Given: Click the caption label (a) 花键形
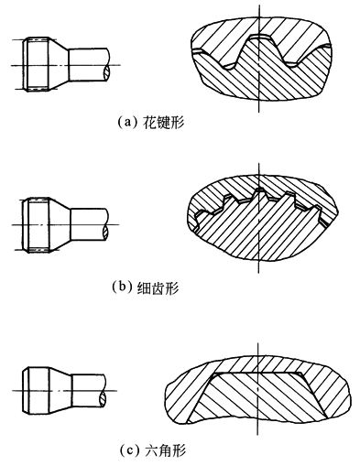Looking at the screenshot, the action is click(x=151, y=123).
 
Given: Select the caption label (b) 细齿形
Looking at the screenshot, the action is click(x=146, y=287).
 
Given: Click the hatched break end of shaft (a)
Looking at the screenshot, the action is click(x=106, y=73).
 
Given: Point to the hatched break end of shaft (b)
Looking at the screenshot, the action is click(x=106, y=233).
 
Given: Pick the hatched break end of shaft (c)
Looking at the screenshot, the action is click(x=104, y=398).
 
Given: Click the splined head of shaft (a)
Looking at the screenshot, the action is click(x=36, y=65).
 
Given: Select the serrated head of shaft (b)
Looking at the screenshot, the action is click(x=36, y=225).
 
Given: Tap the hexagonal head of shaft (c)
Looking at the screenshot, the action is click(x=36, y=391).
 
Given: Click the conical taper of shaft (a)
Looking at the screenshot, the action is click(x=59, y=65).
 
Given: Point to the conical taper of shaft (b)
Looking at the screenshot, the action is click(x=60, y=225).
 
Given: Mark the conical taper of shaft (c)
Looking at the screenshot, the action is click(x=60, y=391).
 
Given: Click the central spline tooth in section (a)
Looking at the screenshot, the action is click(x=259, y=48).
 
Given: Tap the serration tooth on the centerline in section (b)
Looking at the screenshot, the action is click(x=260, y=194).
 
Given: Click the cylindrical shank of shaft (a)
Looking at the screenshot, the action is click(x=88, y=65).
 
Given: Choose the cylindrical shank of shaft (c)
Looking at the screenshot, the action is click(x=89, y=391).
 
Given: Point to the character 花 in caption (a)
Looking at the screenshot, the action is click(x=148, y=123).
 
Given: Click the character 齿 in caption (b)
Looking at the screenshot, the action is click(x=158, y=288).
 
